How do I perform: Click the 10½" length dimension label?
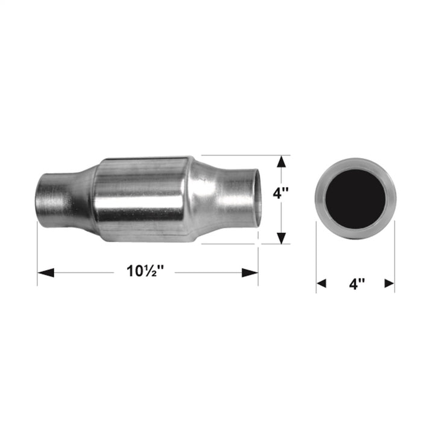[145, 271]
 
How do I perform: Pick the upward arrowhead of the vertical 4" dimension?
[282, 161]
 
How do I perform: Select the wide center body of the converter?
[145, 198]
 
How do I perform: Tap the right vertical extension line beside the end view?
[395, 259]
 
